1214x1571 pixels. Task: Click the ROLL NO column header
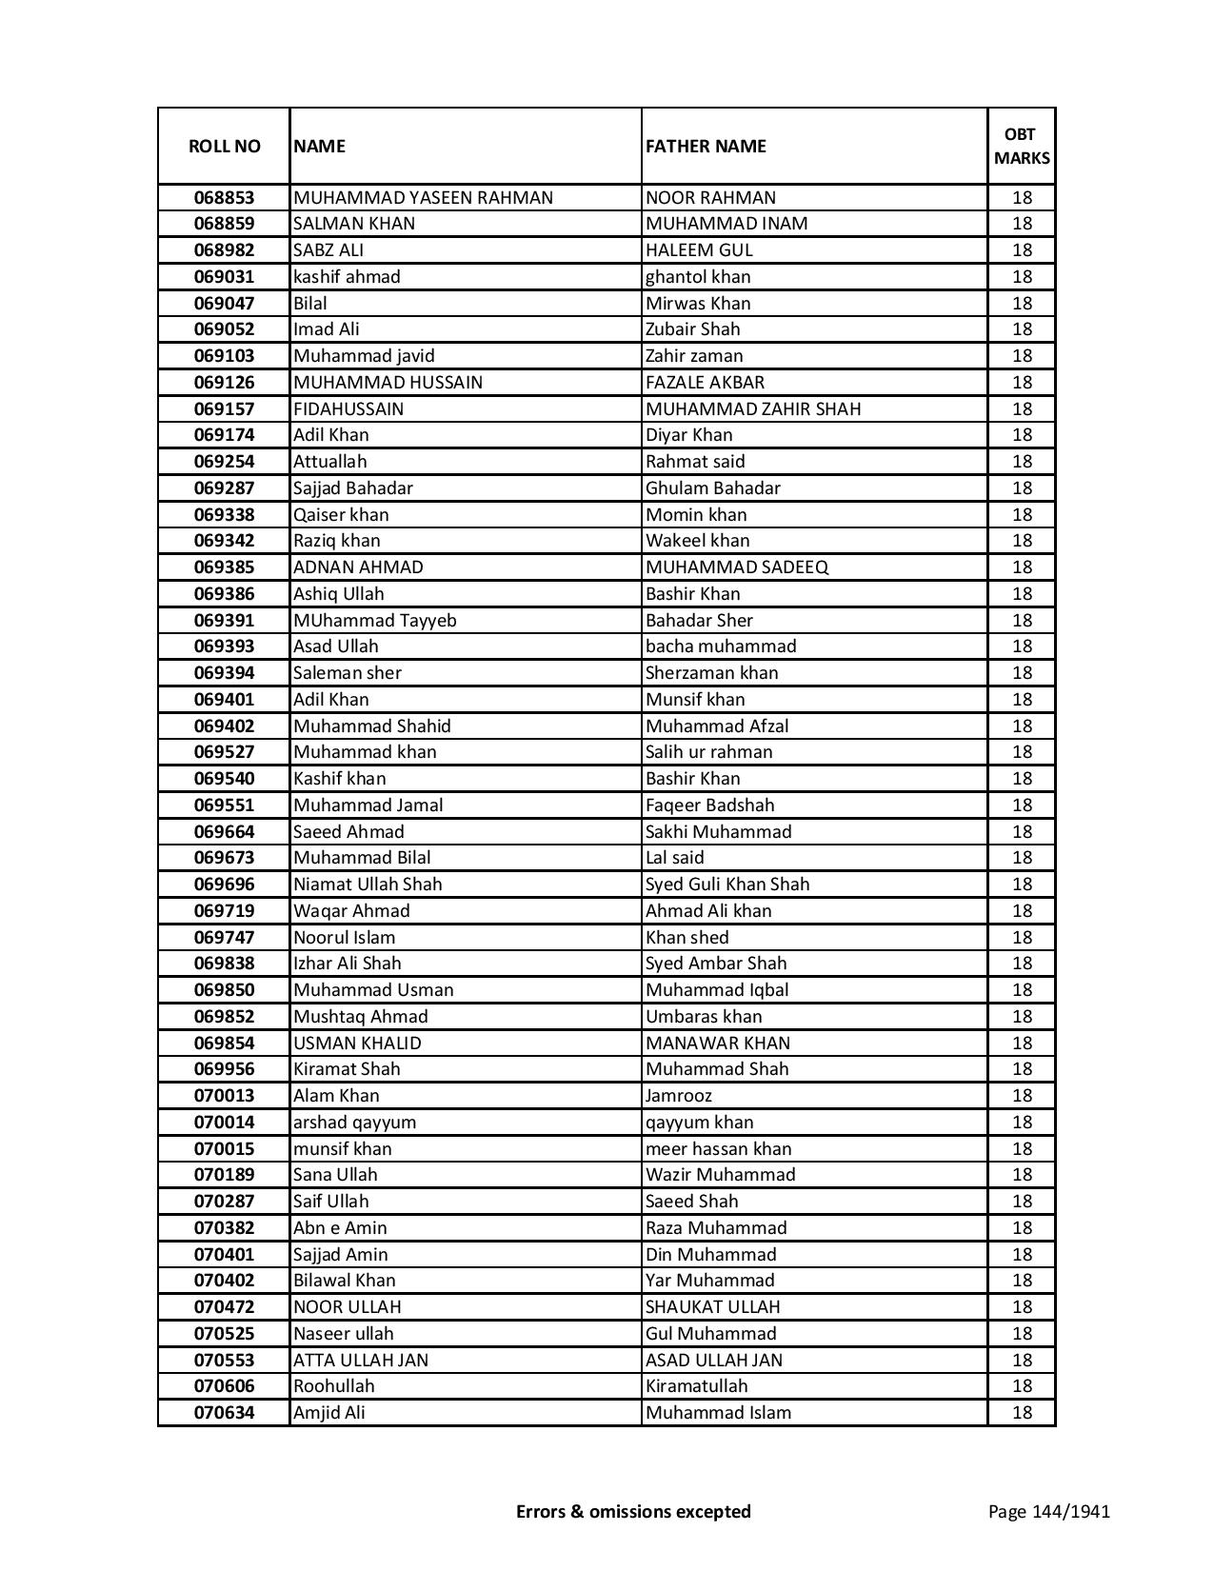point(224,146)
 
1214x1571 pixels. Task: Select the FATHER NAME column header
point(706,146)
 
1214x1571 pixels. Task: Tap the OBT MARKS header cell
point(1022,146)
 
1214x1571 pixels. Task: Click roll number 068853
point(224,198)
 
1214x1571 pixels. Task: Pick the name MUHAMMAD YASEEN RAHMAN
point(423,198)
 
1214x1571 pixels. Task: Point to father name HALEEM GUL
point(699,250)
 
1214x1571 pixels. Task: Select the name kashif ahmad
point(347,277)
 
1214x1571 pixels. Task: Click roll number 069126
point(224,383)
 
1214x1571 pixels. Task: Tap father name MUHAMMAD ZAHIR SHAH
point(752,409)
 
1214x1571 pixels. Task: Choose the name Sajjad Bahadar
point(352,488)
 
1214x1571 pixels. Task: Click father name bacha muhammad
point(720,646)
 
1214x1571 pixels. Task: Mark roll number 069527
point(224,752)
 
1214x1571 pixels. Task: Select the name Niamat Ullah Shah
point(368,885)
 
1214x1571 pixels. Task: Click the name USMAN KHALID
point(357,1044)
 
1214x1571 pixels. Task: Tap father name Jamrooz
point(679,1096)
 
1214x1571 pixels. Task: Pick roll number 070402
point(224,1281)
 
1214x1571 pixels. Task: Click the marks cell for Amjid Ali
point(1022,1413)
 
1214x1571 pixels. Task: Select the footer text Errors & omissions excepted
point(633,1511)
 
